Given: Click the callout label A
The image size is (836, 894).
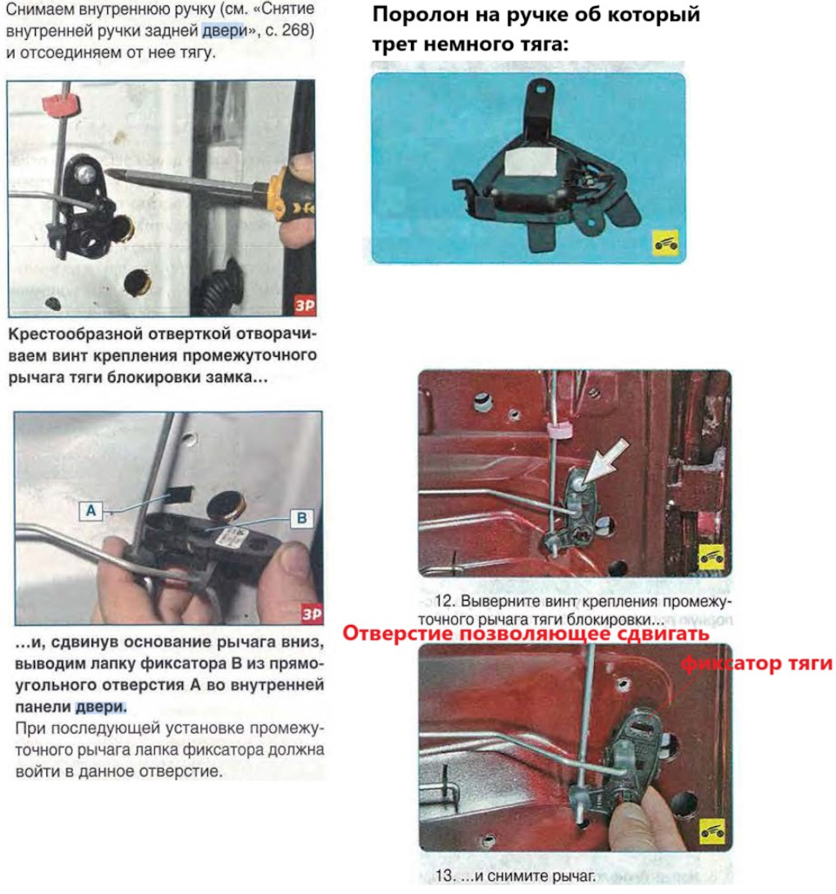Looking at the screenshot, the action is [x=91, y=510].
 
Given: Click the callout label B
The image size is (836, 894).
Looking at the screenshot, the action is [x=301, y=518].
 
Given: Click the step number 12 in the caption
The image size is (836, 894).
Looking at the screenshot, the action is [x=444, y=601].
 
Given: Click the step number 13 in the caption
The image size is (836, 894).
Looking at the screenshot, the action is [x=445, y=875].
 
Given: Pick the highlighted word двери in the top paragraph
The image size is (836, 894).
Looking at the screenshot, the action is [x=224, y=31].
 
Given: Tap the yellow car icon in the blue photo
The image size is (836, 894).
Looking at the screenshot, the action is [x=665, y=244].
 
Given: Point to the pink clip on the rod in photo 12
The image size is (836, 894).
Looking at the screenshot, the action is [x=559, y=431].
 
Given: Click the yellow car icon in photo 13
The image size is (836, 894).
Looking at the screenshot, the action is [x=713, y=832].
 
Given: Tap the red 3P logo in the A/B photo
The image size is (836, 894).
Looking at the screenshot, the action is [x=312, y=614].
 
